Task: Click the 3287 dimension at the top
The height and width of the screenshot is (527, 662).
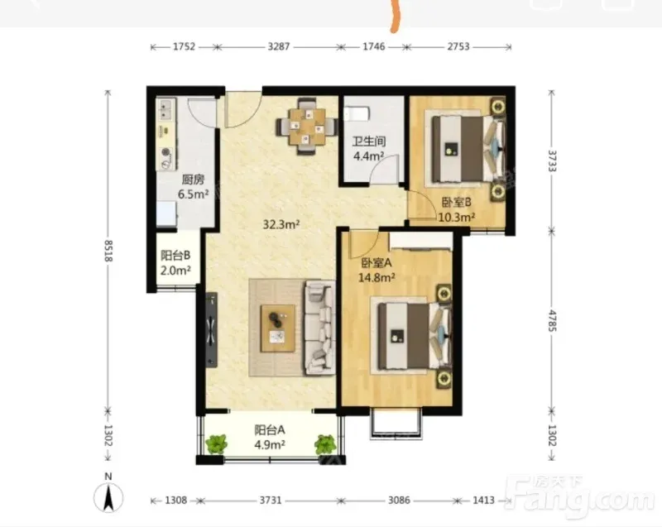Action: click(279, 46)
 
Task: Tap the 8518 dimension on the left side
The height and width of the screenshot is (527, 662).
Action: click(108, 250)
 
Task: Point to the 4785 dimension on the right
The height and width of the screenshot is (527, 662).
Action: click(552, 321)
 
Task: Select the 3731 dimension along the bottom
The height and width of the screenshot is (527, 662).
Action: click(271, 501)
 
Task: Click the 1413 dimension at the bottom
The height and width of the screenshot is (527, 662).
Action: click(483, 501)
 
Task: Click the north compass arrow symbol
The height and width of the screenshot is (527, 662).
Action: click(108, 497)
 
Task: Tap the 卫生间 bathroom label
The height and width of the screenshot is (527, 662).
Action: click(369, 141)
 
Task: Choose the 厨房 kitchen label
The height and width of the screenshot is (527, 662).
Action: click(193, 180)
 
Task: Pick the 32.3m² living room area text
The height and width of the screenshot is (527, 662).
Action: click(281, 224)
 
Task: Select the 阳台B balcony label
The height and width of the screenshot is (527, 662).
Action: click(175, 256)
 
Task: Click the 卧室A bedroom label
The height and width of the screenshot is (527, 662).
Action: click(377, 263)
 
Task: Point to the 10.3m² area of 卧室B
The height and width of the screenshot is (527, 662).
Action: click(457, 218)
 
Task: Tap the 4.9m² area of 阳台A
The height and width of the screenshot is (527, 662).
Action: click(270, 445)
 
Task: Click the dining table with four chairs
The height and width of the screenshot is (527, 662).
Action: click(307, 126)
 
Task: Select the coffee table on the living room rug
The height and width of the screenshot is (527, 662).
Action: click(278, 328)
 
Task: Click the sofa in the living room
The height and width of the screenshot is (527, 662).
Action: click(320, 328)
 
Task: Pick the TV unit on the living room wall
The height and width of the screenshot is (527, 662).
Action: click(212, 329)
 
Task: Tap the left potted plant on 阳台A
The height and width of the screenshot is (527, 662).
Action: click(217, 444)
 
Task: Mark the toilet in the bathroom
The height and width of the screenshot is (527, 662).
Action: click(357, 113)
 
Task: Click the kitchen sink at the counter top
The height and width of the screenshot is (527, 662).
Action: click(165, 109)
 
